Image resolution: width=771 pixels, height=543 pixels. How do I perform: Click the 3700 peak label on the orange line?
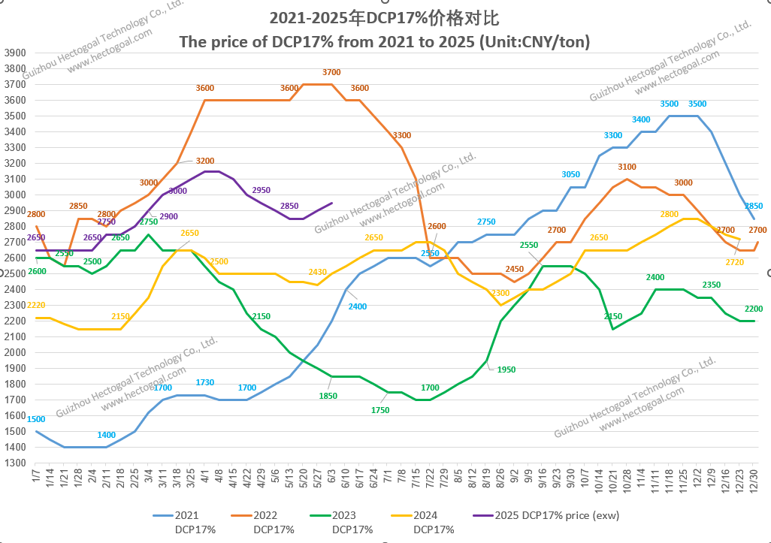pyautogui.click(x=331, y=72)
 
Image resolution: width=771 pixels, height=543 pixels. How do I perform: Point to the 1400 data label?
pyautogui.click(x=107, y=436)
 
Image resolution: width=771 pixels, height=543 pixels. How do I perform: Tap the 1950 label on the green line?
pyautogui.click(x=506, y=370)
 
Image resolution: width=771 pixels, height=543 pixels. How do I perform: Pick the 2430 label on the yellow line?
pyautogui.click(x=318, y=272)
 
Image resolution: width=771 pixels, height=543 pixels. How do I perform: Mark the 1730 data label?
pyautogui.click(x=205, y=383)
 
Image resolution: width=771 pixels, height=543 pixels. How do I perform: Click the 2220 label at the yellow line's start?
pyautogui.click(x=37, y=305)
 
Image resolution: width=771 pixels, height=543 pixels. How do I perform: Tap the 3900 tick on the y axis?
pyautogui.click(x=15, y=53)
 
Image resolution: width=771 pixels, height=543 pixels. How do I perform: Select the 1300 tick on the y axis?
pyautogui.click(x=15, y=463)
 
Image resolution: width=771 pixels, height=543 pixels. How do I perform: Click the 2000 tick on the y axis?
pyautogui.click(x=15, y=353)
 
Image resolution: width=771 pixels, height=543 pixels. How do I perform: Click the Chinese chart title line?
pyautogui.click(x=384, y=17)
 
